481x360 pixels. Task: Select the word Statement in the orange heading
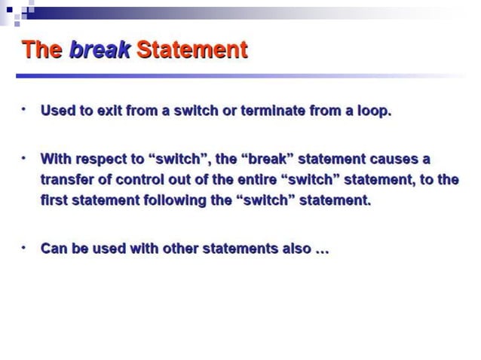pos(191,50)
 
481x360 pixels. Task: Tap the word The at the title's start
pos(43,50)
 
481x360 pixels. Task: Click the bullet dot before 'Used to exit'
pos(24,109)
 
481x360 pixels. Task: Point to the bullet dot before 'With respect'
pos(24,157)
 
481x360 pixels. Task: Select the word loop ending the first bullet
pos(373,111)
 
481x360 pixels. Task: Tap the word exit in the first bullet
pos(112,111)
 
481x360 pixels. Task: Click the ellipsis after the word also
pos(322,249)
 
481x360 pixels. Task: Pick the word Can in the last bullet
pos(54,248)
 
